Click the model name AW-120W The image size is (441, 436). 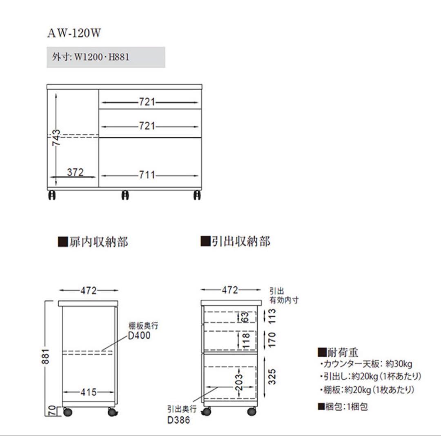coord(74,33)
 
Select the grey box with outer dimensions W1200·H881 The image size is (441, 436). coord(106,57)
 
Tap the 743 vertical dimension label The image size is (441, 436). coord(56,138)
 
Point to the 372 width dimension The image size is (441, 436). coord(76,172)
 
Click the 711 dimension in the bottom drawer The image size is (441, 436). coord(147,175)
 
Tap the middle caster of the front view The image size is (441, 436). coord(125,195)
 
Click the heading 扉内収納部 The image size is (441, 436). coord(93,242)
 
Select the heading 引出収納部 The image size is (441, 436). coord(236,241)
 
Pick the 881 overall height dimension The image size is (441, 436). coord(45,356)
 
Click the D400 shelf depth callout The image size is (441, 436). coord(139,335)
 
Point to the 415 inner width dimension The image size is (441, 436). coord(89,392)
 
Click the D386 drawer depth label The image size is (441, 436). coord(178,420)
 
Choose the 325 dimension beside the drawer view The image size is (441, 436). coord(272,377)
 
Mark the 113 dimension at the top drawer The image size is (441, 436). coord(272,316)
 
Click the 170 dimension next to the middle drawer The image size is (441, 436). coord(272,339)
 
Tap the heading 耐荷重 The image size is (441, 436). coord(338,352)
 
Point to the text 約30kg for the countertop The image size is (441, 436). coord(399,364)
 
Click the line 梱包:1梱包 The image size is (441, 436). coord(343,407)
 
